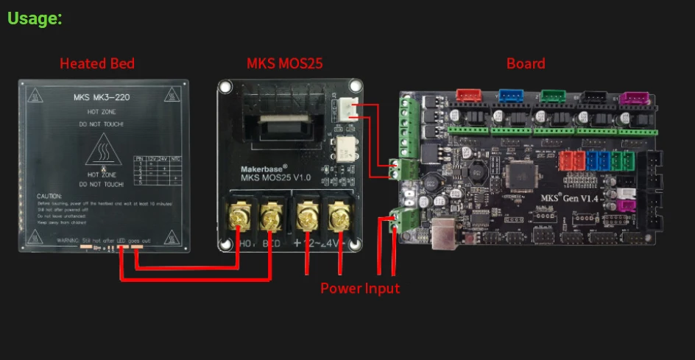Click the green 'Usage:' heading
35,18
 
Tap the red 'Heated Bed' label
97,63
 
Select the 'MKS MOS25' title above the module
284,63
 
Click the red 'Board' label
526,63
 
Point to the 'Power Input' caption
360,288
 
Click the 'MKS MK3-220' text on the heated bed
103,98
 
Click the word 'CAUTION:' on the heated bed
49,197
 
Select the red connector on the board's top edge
468,96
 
